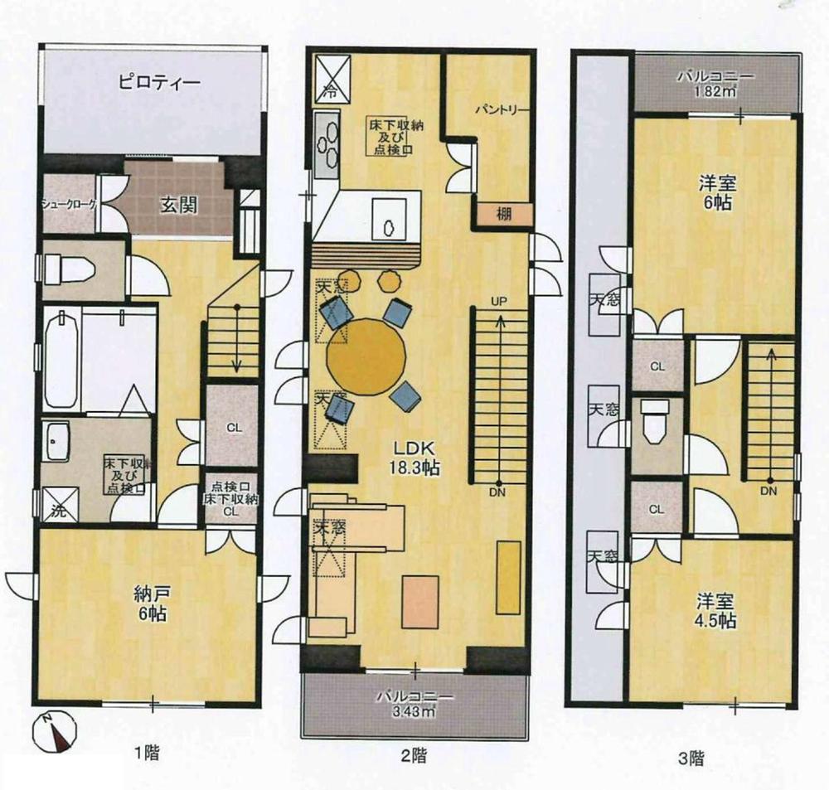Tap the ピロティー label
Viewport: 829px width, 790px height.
point(156,84)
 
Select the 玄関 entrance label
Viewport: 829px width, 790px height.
point(178,205)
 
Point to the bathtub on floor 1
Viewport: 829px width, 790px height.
point(61,358)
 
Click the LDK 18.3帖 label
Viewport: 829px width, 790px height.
point(415,459)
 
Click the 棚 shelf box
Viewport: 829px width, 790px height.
point(503,214)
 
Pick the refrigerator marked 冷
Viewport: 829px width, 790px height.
point(331,78)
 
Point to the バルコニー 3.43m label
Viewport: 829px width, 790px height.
point(414,703)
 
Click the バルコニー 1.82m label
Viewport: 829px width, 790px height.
point(715,84)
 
